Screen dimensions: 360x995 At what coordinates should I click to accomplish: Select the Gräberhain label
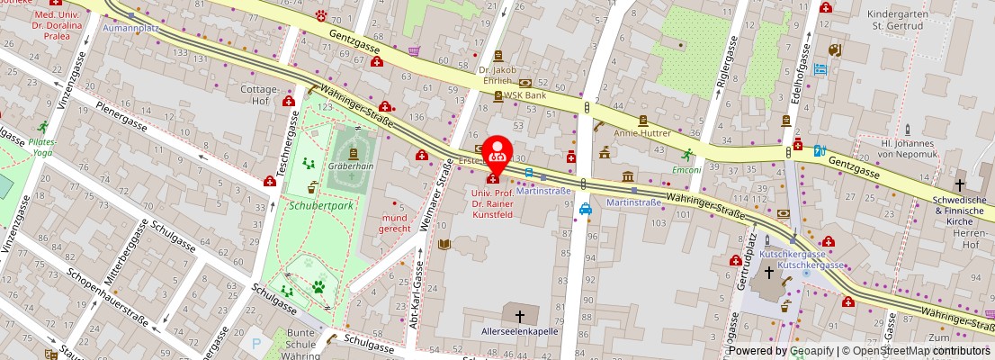pyautogui.click(x=350, y=166)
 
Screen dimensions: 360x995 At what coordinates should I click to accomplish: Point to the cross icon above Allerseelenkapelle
pyautogui.click(x=519, y=315)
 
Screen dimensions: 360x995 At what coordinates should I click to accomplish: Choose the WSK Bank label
pyautogui.click(x=524, y=94)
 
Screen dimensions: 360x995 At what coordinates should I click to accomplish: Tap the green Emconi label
pyautogui.click(x=687, y=168)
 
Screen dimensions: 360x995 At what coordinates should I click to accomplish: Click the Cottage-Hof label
pyautogui.click(x=255, y=95)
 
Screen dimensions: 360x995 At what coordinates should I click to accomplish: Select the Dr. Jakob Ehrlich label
pyautogui.click(x=497, y=76)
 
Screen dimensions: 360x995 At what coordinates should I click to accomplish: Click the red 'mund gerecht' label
pyautogui.click(x=394, y=223)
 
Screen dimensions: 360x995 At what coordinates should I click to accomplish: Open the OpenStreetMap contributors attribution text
pyautogui.click(x=917, y=351)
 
